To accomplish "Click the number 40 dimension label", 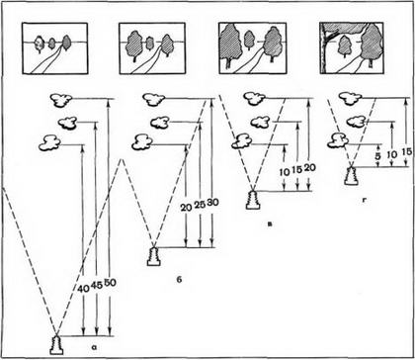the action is pos(82,289).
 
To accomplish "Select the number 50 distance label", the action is pos(110,283).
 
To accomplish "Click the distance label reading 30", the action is pos(212,203).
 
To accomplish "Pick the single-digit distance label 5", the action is pos(377,154).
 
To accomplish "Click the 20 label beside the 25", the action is pos(186,207).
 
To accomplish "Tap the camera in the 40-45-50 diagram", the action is pos(56,345).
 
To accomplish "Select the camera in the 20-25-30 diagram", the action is pos(153,256).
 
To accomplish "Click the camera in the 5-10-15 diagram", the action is pos(351,176).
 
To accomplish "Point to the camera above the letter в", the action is pos(253,200).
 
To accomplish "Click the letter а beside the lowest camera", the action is pos(93,346).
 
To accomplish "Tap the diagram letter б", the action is pos(179,281).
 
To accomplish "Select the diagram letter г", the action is pos(365,200).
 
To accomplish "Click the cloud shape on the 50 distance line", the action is pos(61,100).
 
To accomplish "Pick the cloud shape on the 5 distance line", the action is pos(338,140).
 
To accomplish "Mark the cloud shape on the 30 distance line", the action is pos(154,100).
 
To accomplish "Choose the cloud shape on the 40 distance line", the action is pos(49,143).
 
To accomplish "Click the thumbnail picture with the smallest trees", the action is pos(55,48).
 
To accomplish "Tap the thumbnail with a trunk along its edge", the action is pos(352,48).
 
